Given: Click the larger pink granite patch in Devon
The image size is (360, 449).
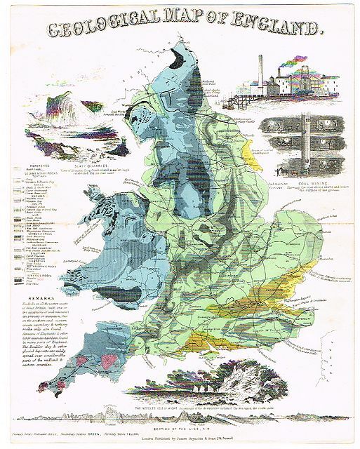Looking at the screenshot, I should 108,360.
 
